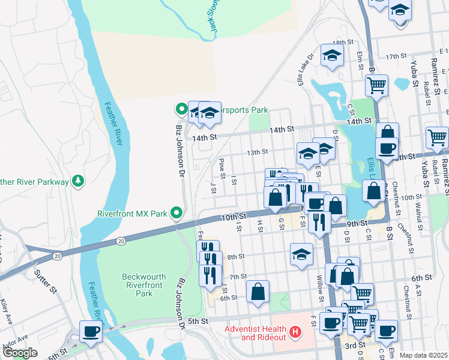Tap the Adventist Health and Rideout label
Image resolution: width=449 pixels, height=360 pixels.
tap(256, 332)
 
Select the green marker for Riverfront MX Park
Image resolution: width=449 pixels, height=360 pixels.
tap(176, 213)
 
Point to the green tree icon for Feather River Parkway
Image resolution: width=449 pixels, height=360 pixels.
tap(77, 180)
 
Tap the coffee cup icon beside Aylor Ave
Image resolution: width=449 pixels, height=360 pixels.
tap(91, 331)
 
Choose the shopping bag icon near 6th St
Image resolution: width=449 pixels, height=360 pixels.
tap(258, 292)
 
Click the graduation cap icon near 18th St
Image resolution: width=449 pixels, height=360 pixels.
tap(331, 56)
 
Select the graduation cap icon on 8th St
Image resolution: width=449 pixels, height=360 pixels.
tap(301, 254)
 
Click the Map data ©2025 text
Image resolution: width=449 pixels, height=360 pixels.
tap(423, 355)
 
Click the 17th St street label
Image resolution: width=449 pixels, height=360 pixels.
tap(396, 56)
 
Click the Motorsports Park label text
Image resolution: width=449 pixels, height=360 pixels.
tap(244, 110)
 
